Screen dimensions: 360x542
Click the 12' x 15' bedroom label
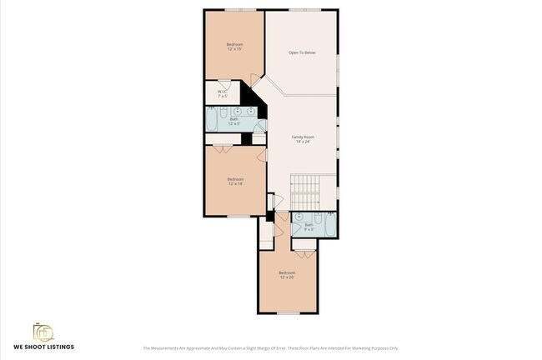[x=234, y=47]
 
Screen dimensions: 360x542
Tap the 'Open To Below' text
[x=302, y=52]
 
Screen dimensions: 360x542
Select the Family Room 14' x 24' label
[x=302, y=138]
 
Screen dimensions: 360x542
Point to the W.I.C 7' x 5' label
[x=223, y=93]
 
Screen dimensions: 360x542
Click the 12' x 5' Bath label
[x=234, y=122]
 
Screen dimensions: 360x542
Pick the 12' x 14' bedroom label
[x=235, y=181]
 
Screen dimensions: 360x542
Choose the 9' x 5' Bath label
[x=309, y=226]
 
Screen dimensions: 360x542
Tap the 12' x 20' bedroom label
[x=287, y=275]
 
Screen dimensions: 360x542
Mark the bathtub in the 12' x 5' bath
[x=212, y=122]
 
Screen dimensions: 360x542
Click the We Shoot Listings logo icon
[x=43, y=332]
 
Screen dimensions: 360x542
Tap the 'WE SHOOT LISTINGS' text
[x=43, y=347]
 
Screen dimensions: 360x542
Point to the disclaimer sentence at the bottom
[x=271, y=348]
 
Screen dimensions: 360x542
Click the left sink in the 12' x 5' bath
[x=237, y=111]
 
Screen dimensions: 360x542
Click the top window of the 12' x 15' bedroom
[x=234, y=10]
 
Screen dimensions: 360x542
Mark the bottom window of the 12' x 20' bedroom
[x=287, y=313]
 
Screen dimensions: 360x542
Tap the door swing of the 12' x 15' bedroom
[x=254, y=81]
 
